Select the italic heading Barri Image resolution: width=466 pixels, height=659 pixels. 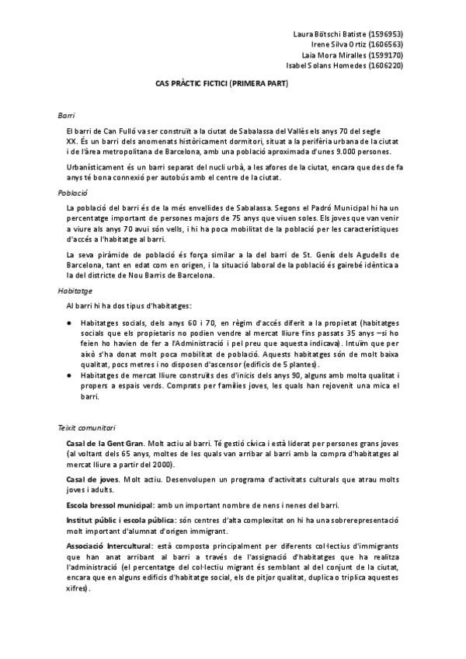pyautogui.click(x=65, y=114)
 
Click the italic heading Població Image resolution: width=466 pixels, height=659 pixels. pyautogui.click(x=71, y=191)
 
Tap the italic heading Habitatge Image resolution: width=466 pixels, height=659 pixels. pyautogui.click(x=74, y=290)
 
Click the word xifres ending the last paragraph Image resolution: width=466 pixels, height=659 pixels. pyautogui.click(x=78, y=588)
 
